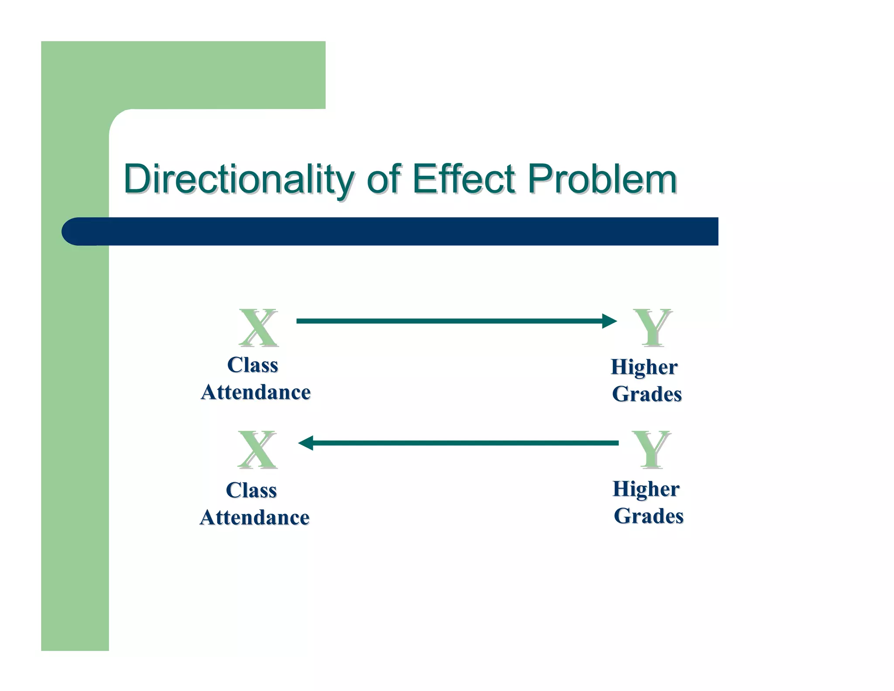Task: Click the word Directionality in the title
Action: (238, 179)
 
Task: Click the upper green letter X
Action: (258, 328)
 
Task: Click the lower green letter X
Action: (257, 449)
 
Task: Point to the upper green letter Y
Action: (653, 328)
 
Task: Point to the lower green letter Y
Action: (651, 449)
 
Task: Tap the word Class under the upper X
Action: (252, 365)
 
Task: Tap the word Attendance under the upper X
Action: (256, 392)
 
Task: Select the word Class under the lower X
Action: (251, 491)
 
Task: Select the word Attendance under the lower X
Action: (254, 518)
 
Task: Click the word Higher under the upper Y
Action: (644, 367)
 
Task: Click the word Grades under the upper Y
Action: (646, 394)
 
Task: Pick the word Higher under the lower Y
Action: (646, 489)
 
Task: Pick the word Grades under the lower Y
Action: (648, 516)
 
